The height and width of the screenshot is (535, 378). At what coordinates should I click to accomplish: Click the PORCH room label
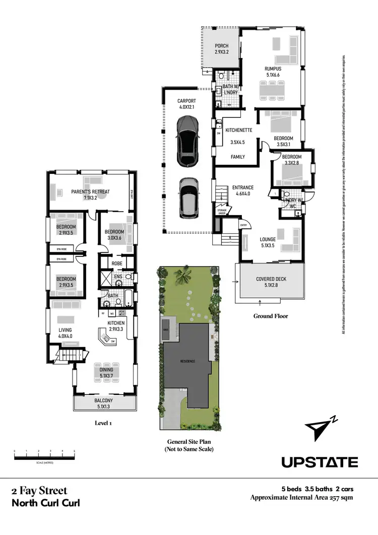pos(222,49)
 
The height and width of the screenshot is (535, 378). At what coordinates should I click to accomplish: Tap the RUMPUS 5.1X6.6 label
pos(273,72)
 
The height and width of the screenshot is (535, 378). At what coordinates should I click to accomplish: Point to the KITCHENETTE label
pos(238,129)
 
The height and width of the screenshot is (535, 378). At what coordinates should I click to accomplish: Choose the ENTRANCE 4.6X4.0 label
pos(242,191)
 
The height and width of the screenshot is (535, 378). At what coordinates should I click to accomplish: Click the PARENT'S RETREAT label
pos(90,194)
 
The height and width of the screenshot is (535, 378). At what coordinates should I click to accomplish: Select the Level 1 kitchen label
pos(116,326)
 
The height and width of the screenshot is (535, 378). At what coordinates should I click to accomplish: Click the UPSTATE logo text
pos(320,462)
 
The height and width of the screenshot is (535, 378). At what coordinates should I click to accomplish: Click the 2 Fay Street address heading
pos(39,491)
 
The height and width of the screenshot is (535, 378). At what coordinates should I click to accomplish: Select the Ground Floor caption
pos(271,316)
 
